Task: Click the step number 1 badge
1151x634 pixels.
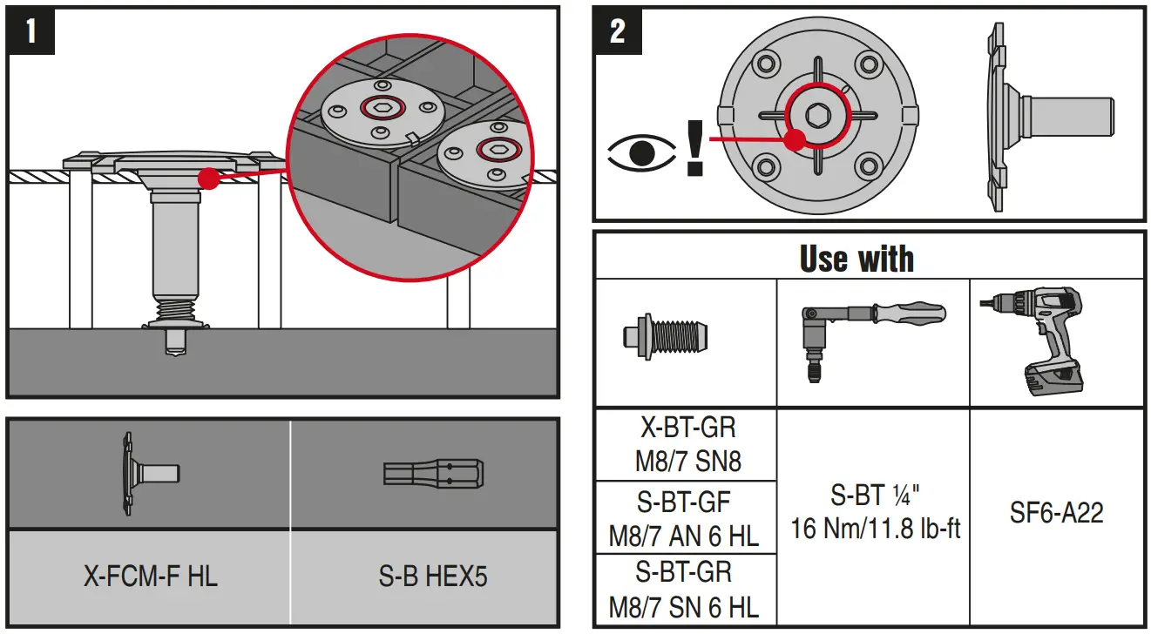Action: pyautogui.click(x=31, y=30)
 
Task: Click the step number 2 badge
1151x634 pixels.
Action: pyautogui.click(x=617, y=30)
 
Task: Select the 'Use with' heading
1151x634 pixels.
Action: pyautogui.click(x=856, y=259)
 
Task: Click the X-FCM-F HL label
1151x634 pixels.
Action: pyautogui.click(x=150, y=576)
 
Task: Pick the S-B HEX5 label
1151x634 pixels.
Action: pyautogui.click(x=433, y=576)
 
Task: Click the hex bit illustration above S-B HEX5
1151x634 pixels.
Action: pyautogui.click(x=433, y=474)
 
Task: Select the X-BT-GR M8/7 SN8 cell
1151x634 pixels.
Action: pyautogui.click(x=687, y=443)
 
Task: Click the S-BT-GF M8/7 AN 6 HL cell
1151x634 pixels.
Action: pyautogui.click(x=687, y=517)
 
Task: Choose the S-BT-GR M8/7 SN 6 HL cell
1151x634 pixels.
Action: pyautogui.click(x=687, y=589)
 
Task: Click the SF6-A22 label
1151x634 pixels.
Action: pyautogui.click(x=1057, y=512)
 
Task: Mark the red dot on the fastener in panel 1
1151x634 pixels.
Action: pyautogui.click(x=207, y=179)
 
